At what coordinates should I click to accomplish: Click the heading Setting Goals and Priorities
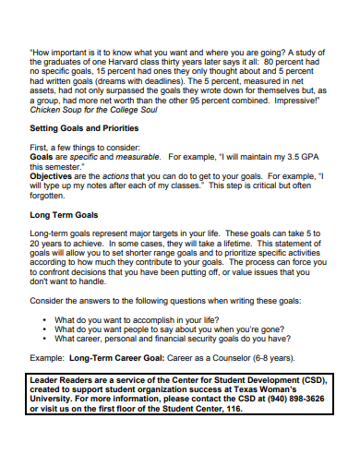[x=84, y=127]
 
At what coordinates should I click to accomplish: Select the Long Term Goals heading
[x=65, y=213]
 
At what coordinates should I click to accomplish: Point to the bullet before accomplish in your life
[x=45, y=317]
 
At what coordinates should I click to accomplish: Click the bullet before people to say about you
[x=45, y=328]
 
